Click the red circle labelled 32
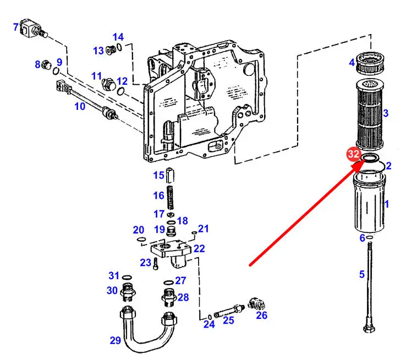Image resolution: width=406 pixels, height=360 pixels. coord(353,154)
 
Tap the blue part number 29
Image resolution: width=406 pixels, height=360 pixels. coord(115,340)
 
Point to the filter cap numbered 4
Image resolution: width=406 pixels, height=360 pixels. coord(370,63)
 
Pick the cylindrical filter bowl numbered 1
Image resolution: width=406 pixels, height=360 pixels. coord(369,202)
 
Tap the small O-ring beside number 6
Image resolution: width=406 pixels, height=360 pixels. coord(370,237)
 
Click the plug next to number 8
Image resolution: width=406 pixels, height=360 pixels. coord(46,64)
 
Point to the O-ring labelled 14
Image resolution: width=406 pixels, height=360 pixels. coord(119,47)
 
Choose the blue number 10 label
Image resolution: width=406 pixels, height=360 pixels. coord(80,106)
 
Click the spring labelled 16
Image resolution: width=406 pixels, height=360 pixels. coord(171,197)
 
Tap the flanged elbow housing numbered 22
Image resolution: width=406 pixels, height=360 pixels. coord(172,254)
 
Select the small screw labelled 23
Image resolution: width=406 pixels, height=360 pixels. coord(155,263)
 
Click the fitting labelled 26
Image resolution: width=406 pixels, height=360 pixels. coord(256,304)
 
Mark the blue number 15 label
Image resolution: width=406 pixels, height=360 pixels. coord(158,175)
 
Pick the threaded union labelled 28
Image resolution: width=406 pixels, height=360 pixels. coord(169,297)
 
